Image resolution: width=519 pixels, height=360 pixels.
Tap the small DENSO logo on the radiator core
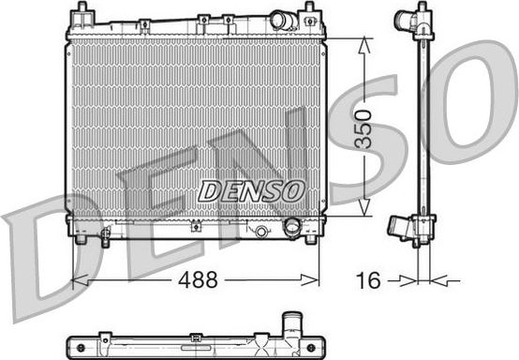pyautogui.click(x=252, y=189)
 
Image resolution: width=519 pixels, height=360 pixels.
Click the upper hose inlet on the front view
pyautogui.click(x=282, y=19)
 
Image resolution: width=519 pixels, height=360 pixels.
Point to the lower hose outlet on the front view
pyautogui.click(x=292, y=227)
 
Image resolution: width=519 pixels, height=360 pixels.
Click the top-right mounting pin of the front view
pyautogui.click(x=308, y=12)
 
